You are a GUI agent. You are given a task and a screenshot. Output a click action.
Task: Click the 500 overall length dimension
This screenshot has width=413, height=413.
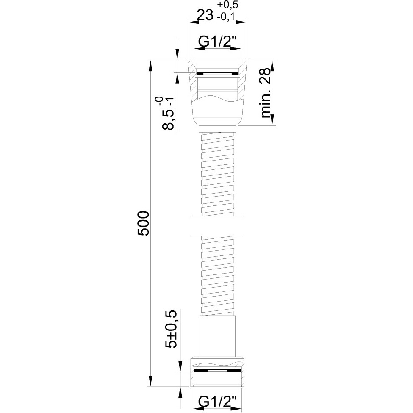coord(144,223)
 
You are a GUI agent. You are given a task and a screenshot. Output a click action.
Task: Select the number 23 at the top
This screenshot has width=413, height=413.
coord(205,16)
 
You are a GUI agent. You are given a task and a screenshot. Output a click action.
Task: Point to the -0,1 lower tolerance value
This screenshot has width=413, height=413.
coord(226,17)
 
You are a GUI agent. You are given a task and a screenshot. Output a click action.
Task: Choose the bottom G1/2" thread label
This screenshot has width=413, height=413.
coord(218,402)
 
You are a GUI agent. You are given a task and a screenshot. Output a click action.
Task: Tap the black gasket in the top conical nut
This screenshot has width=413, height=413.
coord(218,73)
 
